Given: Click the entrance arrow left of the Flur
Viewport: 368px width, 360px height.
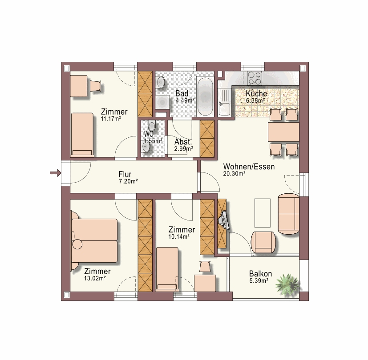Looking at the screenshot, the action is point(55,173).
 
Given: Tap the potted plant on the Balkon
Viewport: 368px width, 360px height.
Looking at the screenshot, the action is point(287,284).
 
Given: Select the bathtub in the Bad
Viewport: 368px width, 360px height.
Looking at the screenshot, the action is point(205,96).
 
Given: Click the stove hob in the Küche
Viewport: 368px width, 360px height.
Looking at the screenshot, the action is point(255,78).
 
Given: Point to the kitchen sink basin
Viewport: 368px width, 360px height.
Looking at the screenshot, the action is point(224,109).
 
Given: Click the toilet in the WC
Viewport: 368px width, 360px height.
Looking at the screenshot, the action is point(152,126).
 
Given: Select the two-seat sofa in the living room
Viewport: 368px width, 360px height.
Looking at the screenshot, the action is point(288,214).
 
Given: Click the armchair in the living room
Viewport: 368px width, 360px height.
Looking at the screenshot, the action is point(263,243).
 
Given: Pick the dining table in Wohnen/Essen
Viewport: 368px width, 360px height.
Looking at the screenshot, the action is point(283,132).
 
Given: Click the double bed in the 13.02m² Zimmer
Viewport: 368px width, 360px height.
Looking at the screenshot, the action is point(94,241).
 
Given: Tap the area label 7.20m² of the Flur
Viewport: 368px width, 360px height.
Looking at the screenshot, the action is point(128,181).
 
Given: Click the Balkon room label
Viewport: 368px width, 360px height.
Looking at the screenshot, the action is point(260,274).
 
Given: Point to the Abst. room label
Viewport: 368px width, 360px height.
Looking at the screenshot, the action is point(183,142).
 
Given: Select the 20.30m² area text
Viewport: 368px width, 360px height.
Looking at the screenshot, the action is point(234,174).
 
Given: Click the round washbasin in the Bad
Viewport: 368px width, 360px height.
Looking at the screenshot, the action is point(161,83).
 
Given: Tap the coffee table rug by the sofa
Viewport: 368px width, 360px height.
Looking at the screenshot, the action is point(263,213).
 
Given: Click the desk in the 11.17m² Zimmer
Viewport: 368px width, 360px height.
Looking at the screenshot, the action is point(79,86).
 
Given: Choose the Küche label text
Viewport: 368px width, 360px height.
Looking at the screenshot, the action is point(256,93).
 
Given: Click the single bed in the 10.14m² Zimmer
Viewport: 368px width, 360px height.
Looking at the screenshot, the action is point(167,269).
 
